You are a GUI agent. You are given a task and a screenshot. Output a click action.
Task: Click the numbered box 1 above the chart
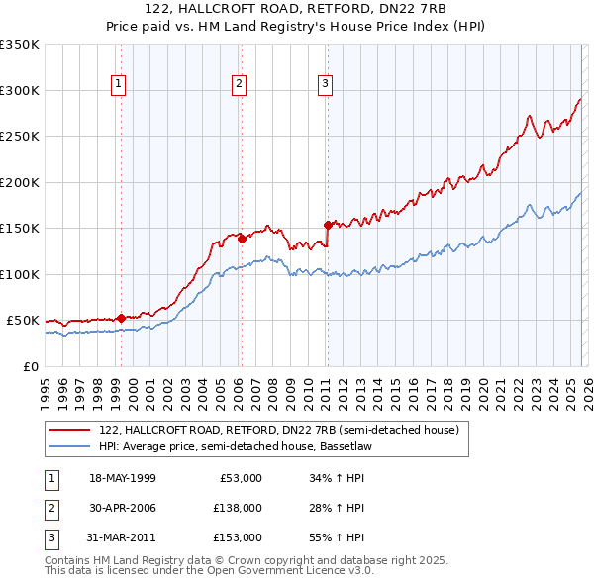pos(118,85)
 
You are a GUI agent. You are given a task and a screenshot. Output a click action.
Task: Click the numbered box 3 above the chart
pos(325,85)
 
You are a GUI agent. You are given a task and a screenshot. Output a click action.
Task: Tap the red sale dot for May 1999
pos(121,318)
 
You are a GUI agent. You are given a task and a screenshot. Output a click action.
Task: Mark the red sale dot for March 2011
pos(328,225)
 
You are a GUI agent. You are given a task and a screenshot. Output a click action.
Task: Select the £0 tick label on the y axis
pos(30,366)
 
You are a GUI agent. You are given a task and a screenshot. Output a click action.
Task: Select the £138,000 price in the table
pos(239,508)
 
